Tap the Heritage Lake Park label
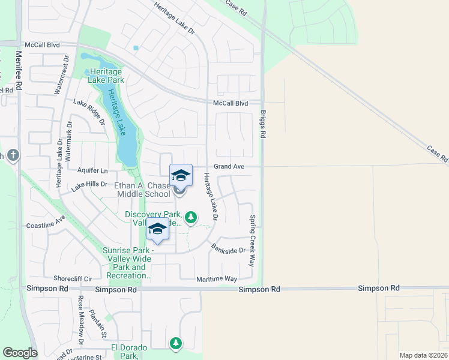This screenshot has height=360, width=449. point(106,75)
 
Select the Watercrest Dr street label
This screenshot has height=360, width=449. point(59,76)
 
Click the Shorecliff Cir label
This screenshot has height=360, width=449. point(73,278)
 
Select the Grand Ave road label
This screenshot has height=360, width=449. point(229,166)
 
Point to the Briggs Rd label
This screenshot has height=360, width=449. point(263,124)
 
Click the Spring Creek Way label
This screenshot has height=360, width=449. point(253,241)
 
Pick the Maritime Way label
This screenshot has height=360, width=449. point(217,279)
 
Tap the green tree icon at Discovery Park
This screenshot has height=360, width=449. point(191,217)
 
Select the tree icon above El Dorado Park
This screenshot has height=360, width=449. point(175,343)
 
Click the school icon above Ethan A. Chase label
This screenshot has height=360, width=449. point(181,175)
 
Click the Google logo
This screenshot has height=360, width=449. point(20,353)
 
